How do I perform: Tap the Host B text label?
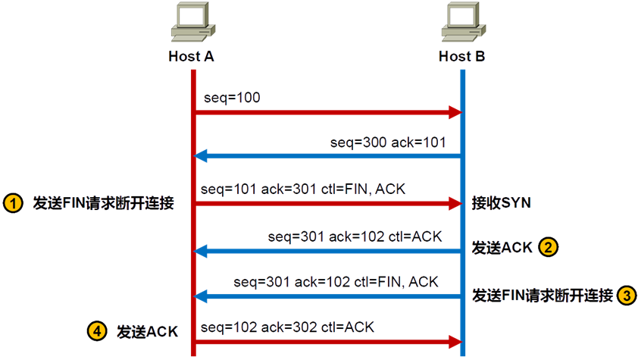coord(462,57)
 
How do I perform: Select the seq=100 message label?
coord(233,99)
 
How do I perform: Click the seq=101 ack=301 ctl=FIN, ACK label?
coord(304,188)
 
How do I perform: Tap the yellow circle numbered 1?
coord(14,203)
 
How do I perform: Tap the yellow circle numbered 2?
coord(549,246)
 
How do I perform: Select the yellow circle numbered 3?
coord(626,294)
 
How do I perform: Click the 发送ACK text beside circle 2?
coord(502,247)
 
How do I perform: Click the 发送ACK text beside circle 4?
coord(146,331)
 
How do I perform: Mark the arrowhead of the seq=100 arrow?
coord(456,113)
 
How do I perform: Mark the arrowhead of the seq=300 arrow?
coord(200,156)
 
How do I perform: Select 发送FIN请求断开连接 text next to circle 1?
coord(103,203)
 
